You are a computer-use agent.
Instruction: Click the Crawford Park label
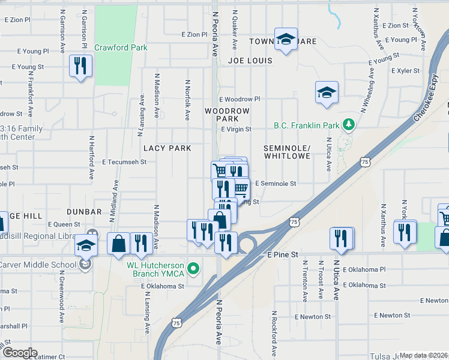[x=121, y=47]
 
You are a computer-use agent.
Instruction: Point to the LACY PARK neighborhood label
[x=167, y=148]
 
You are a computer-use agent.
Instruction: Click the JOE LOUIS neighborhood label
[x=250, y=61]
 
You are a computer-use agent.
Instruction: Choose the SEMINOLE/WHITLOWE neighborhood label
[x=287, y=152]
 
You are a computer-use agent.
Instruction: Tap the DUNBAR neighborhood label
[x=84, y=212]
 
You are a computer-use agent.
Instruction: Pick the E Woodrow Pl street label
[x=240, y=99]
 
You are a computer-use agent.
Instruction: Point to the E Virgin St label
[x=236, y=129]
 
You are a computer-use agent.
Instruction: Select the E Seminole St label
[x=276, y=184]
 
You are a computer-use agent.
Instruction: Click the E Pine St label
[x=283, y=255]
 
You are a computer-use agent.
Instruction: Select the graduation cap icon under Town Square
[x=286, y=40]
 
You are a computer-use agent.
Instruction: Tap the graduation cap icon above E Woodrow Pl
[x=327, y=92]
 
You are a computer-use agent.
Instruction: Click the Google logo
[x=19, y=353]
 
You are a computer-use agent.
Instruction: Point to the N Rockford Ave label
[x=274, y=333]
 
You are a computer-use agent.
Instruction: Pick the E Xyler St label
[x=405, y=71]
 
